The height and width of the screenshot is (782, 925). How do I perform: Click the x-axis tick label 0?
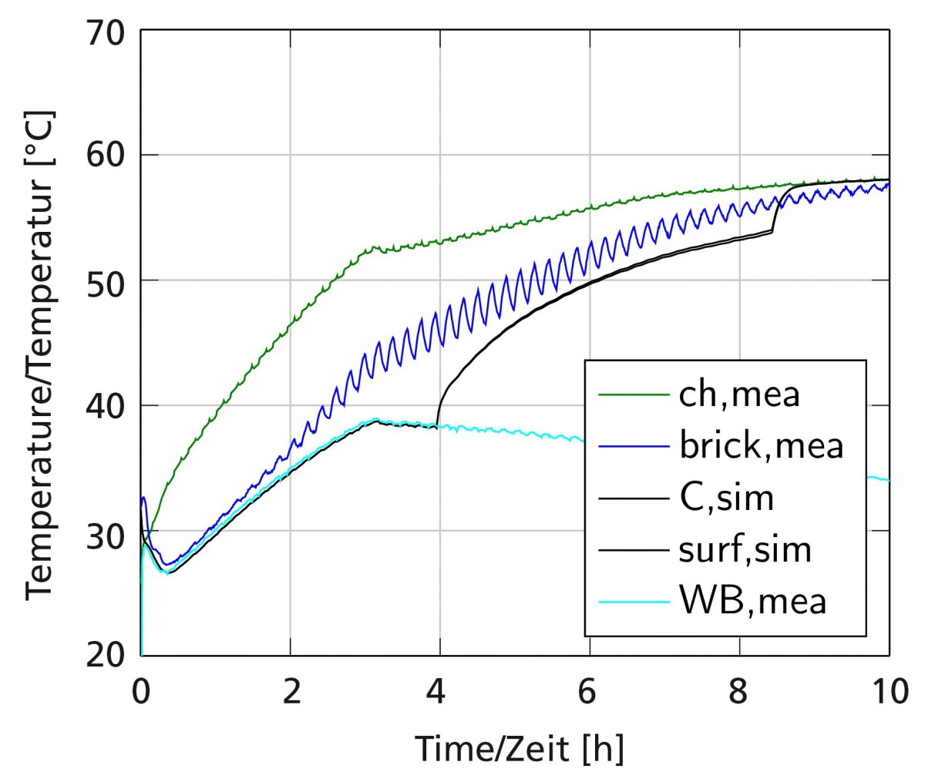(x=141, y=692)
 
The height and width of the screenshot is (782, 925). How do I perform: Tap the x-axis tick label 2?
(x=291, y=692)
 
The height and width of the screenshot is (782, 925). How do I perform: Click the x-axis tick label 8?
(x=739, y=692)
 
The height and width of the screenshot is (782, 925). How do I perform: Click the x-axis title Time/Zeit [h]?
(x=520, y=748)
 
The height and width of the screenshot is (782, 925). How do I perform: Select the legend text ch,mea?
(x=739, y=394)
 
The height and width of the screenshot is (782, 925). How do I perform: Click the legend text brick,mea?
(x=762, y=445)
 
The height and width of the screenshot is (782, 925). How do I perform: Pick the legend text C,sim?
(x=726, y=498)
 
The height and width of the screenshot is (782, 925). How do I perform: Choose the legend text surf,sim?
(x=745, y=549)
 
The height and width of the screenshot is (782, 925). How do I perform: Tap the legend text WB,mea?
(x=753, y=600)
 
